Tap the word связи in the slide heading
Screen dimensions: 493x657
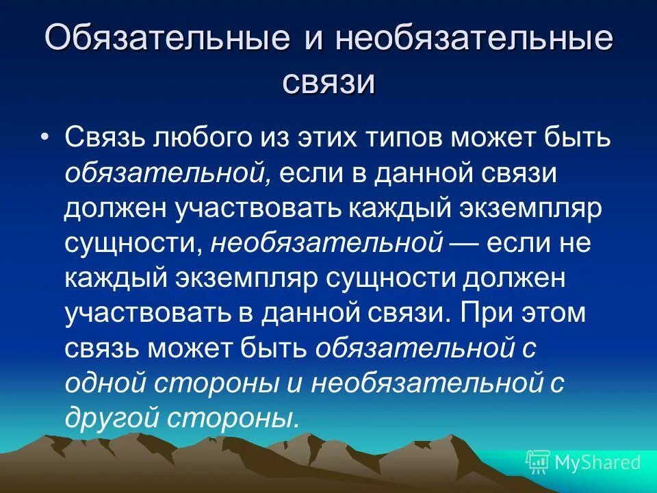[328, 84]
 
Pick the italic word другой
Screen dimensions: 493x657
[110, 416]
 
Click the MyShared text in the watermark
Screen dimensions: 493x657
[597, 462]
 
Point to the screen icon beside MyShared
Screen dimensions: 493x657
[537, 462]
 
